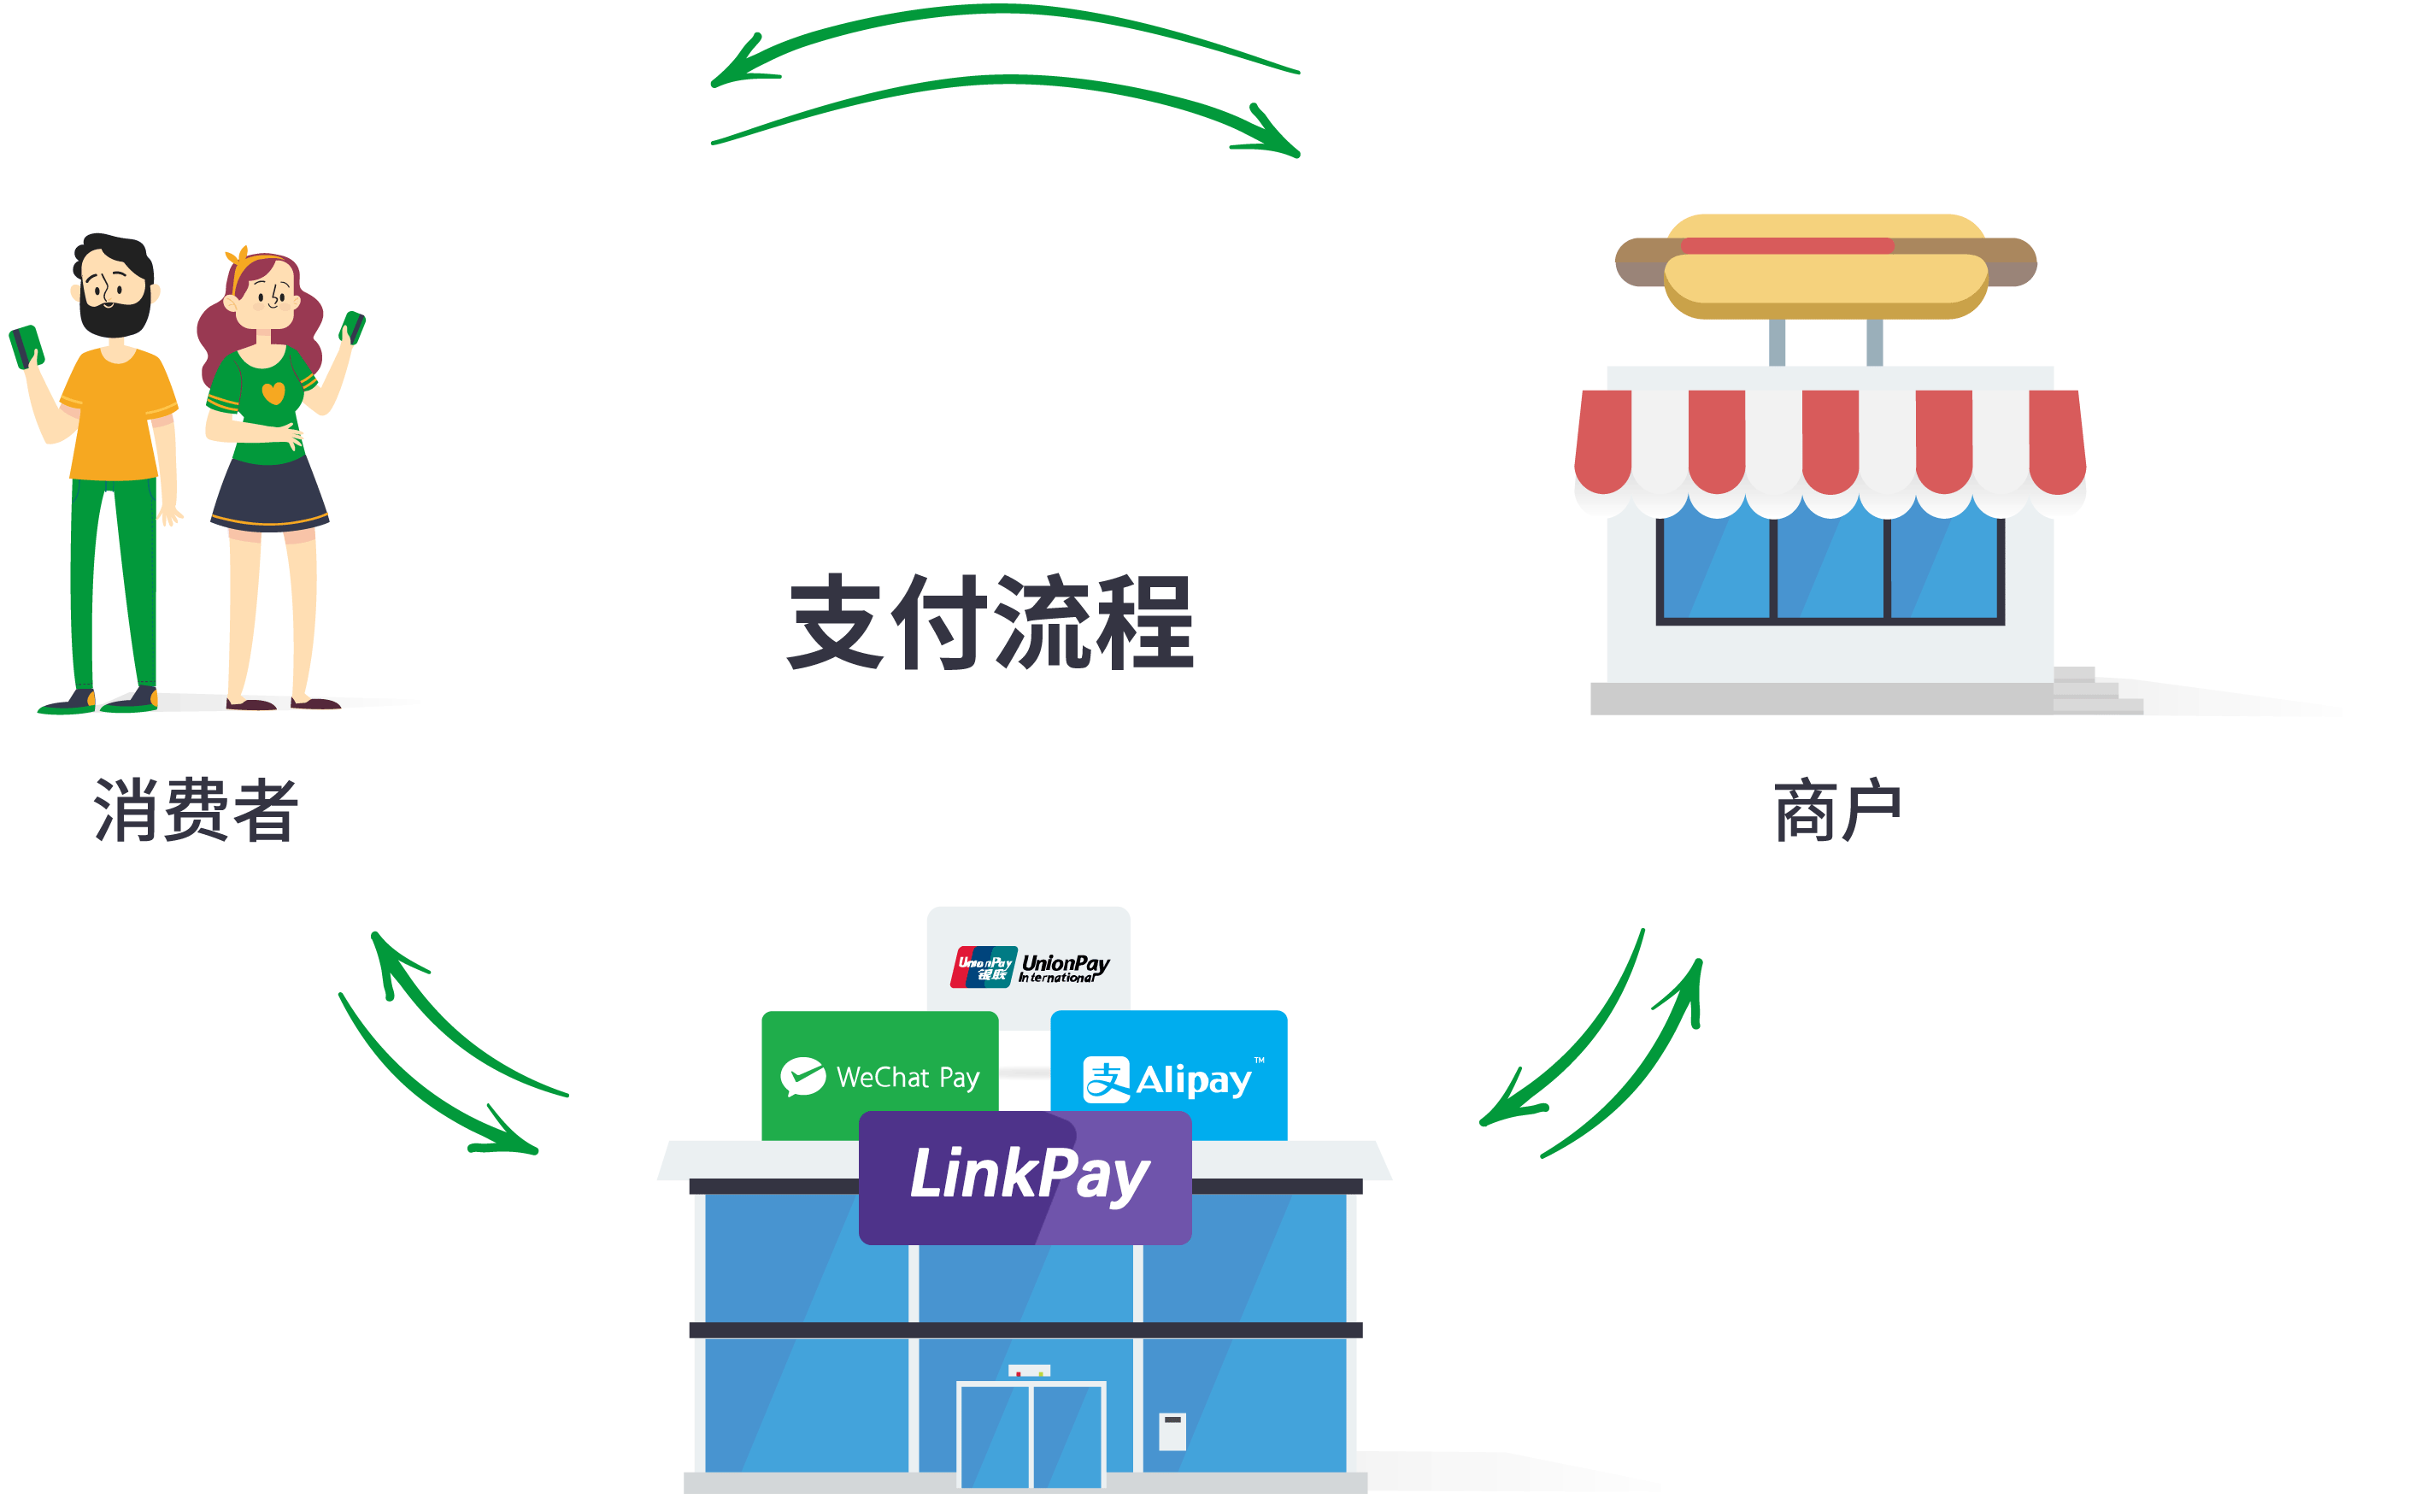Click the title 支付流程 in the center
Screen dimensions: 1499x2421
click(x=991, y=621)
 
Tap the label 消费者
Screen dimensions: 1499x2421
click(x=197, y=810)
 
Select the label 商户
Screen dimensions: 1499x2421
click(x=1836, y=810)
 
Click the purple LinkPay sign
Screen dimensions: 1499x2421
click(x=1026, y=1177)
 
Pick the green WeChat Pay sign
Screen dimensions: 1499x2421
click(x=879, y=1076)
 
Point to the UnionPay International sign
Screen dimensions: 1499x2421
click(x=1028, y=964)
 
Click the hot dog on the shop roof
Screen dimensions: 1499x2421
click(x=1825, y=265)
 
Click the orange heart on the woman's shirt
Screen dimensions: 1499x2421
click(x=273, y=392)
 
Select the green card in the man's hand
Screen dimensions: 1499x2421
click(x=26, y=346)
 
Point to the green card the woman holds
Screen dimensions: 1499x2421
click(x=353, y=326)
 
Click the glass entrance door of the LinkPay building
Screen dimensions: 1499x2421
click(x=1031, y=1435)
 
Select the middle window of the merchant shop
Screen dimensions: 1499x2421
click(x=1830, y=567)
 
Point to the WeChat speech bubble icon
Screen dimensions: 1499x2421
click(x=802, y=1077)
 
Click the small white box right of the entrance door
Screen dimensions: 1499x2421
click(x=1172, y=1431)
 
